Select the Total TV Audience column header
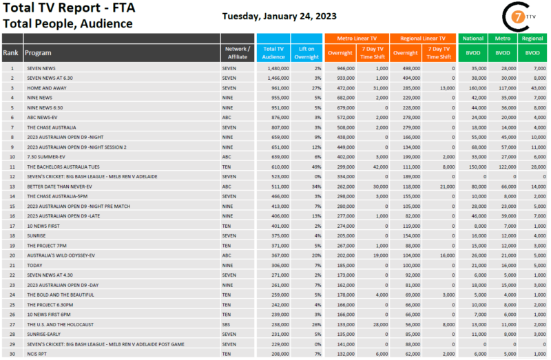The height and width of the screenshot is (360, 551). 273,52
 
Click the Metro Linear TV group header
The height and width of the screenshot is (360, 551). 357,39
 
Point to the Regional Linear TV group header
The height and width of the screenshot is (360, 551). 422,39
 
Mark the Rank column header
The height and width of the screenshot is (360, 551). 11,52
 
